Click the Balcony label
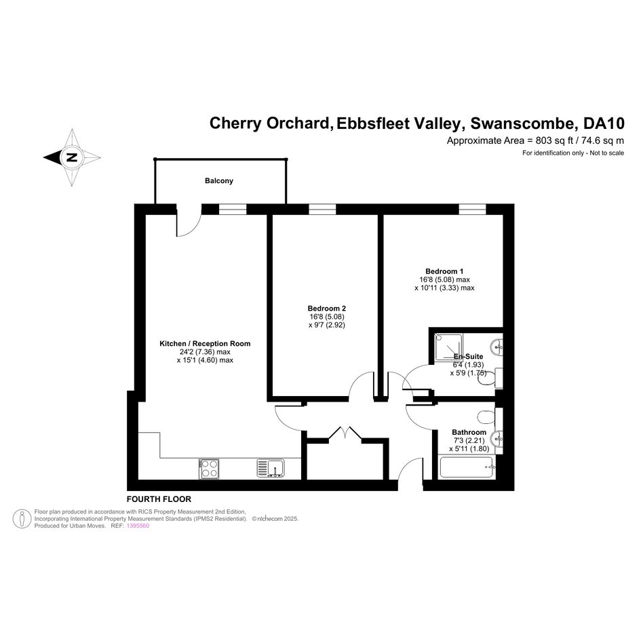218,180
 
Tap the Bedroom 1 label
444,271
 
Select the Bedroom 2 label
327,309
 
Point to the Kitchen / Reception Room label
205,344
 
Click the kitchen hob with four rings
210,469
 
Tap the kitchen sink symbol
271,469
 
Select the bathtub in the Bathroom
467,467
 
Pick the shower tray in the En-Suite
449,347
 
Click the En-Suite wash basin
497,347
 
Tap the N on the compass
72,157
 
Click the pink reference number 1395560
138,526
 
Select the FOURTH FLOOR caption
159,499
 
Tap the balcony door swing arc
195,229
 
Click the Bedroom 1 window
472,210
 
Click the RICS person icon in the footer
22,519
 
